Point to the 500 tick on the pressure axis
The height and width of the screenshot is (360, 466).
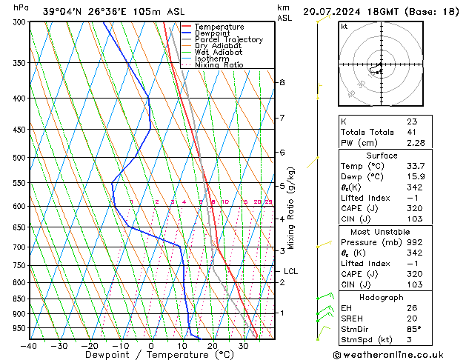(18, 158)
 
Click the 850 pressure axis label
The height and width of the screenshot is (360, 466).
(18, 299)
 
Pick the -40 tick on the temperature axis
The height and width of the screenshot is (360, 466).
(30, 346)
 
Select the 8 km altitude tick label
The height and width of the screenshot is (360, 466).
(282, 82)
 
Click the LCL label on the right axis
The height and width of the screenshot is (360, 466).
(290, 271)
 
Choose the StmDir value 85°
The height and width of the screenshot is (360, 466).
(414, 329)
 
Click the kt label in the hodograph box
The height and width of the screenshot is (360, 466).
(344, 27)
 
